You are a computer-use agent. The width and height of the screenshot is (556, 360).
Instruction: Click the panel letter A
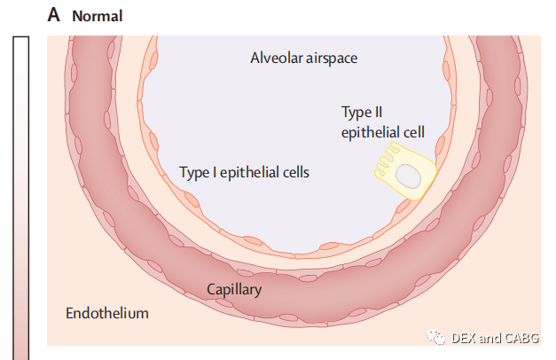(53, 15)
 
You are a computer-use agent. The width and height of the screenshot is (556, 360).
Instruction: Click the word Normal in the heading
(98, 16)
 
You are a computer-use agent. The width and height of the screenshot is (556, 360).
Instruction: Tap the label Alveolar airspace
(304, 59)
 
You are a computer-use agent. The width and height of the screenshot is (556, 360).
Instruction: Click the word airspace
(332, 59)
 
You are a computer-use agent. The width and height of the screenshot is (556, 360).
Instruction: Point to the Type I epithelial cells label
(245, 173)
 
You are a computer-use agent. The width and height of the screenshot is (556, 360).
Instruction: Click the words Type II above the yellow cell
(362, 113)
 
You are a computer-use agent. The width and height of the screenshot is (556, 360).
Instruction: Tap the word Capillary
(234, 290)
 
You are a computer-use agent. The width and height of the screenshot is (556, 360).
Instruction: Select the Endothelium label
(107, 314)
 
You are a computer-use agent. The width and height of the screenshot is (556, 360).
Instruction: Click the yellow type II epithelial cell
(405, 171)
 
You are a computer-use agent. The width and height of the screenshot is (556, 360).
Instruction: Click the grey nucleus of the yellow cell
(409, 176)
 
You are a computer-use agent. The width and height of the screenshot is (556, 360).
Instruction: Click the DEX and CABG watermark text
(495, 338)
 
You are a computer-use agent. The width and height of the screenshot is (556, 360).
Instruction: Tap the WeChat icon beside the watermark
(435, 337)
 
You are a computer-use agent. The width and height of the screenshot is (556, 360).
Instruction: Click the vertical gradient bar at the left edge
(21, 198)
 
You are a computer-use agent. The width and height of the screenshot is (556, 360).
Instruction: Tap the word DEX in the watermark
(463, 338)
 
